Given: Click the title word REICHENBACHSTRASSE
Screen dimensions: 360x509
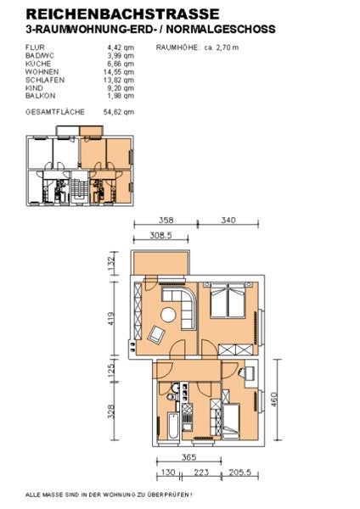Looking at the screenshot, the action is coord(122,14).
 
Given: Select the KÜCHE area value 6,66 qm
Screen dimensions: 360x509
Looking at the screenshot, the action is coord(121,64).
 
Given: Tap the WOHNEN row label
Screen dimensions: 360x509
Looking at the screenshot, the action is coord(42,72).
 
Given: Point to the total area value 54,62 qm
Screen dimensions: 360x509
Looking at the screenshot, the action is coord(119,112).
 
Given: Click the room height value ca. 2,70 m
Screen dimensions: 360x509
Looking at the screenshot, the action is coord(222,48).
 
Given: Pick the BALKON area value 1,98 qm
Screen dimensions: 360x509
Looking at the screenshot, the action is coord(121,96).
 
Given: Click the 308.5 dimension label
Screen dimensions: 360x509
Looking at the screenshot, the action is coord(160,235).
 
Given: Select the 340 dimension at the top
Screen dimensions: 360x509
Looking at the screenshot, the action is coord(228,220).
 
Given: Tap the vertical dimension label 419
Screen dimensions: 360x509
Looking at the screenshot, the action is coord(110,319).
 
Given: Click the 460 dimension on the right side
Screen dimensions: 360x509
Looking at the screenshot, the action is coord(273,400).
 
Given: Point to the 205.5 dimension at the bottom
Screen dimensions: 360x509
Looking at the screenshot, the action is coord(239,472).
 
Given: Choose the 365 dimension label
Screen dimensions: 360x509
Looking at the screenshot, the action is coord(188,457).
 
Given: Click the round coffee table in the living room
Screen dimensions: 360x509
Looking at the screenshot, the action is coord(168,315).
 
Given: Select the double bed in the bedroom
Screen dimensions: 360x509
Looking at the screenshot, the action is coord(228,300).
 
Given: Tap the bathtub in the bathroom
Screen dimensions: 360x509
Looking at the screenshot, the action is coord(173,426).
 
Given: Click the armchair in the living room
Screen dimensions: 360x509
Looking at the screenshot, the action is coord(156,335).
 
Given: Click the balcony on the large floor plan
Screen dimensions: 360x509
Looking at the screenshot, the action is coord(160,263).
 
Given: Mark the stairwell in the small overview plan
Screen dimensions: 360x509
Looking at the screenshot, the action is coord(79,188).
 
